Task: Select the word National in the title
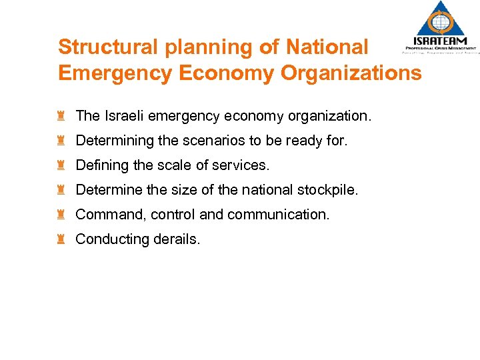(327, 47)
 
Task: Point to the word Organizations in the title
(351, 73)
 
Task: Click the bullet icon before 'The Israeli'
(61, 116)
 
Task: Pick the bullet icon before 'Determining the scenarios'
(61, 141)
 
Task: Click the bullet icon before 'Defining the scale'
(61, 165)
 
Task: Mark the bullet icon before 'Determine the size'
(61, 190)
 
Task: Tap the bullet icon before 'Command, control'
(61, 215)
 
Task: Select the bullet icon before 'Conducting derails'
(61, 239)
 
